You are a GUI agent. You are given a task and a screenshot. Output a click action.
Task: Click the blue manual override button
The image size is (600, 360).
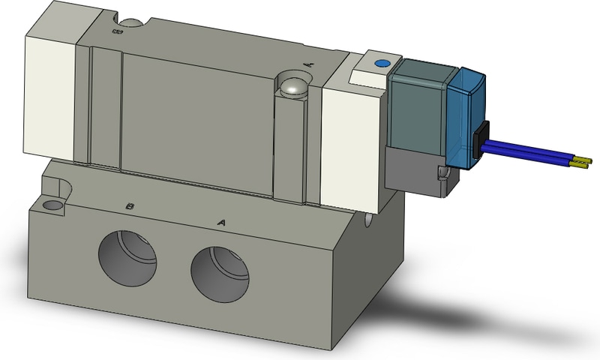(381, 64)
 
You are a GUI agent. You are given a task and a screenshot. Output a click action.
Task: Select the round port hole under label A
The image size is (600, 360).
(220, 271)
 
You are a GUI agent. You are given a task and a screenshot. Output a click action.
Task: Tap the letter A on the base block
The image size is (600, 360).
(221, 221)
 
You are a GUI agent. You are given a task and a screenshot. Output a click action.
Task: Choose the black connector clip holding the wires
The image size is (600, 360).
(480, 137)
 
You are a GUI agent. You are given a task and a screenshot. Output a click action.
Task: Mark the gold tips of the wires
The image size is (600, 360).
(582, 160)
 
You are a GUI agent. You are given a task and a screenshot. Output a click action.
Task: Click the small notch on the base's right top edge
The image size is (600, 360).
(369, 220)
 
